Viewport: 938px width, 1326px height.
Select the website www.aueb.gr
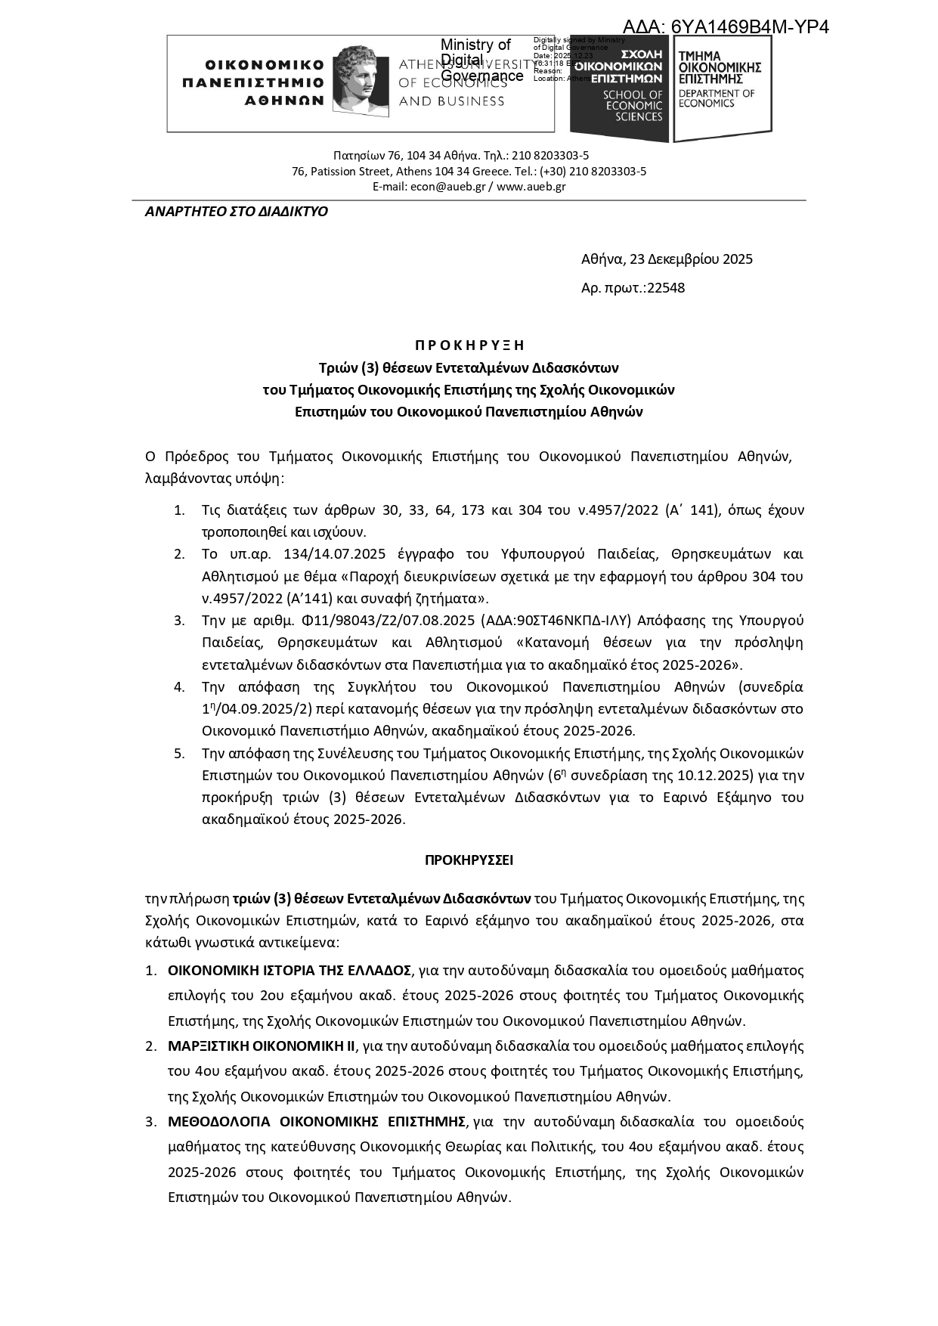coord(531,187)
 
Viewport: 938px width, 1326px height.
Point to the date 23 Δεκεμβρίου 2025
coord(691,259)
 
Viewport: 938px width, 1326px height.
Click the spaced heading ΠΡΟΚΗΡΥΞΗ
coord(469,345)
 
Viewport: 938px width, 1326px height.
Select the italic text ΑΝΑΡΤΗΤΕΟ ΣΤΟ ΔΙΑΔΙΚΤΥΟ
coord(237,212)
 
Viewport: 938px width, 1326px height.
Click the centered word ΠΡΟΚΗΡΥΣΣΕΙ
coord(469,860)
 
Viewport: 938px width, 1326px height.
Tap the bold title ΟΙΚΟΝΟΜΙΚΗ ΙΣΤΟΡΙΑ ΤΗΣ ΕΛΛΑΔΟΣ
coord(289,971)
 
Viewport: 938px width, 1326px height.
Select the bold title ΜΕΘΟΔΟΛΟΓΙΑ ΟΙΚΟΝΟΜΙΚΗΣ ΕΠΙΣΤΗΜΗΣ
coord(316,1121)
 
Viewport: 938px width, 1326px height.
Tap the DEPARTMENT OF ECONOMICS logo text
coord(716,98)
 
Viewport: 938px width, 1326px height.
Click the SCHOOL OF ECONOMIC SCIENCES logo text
coord(633,106)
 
